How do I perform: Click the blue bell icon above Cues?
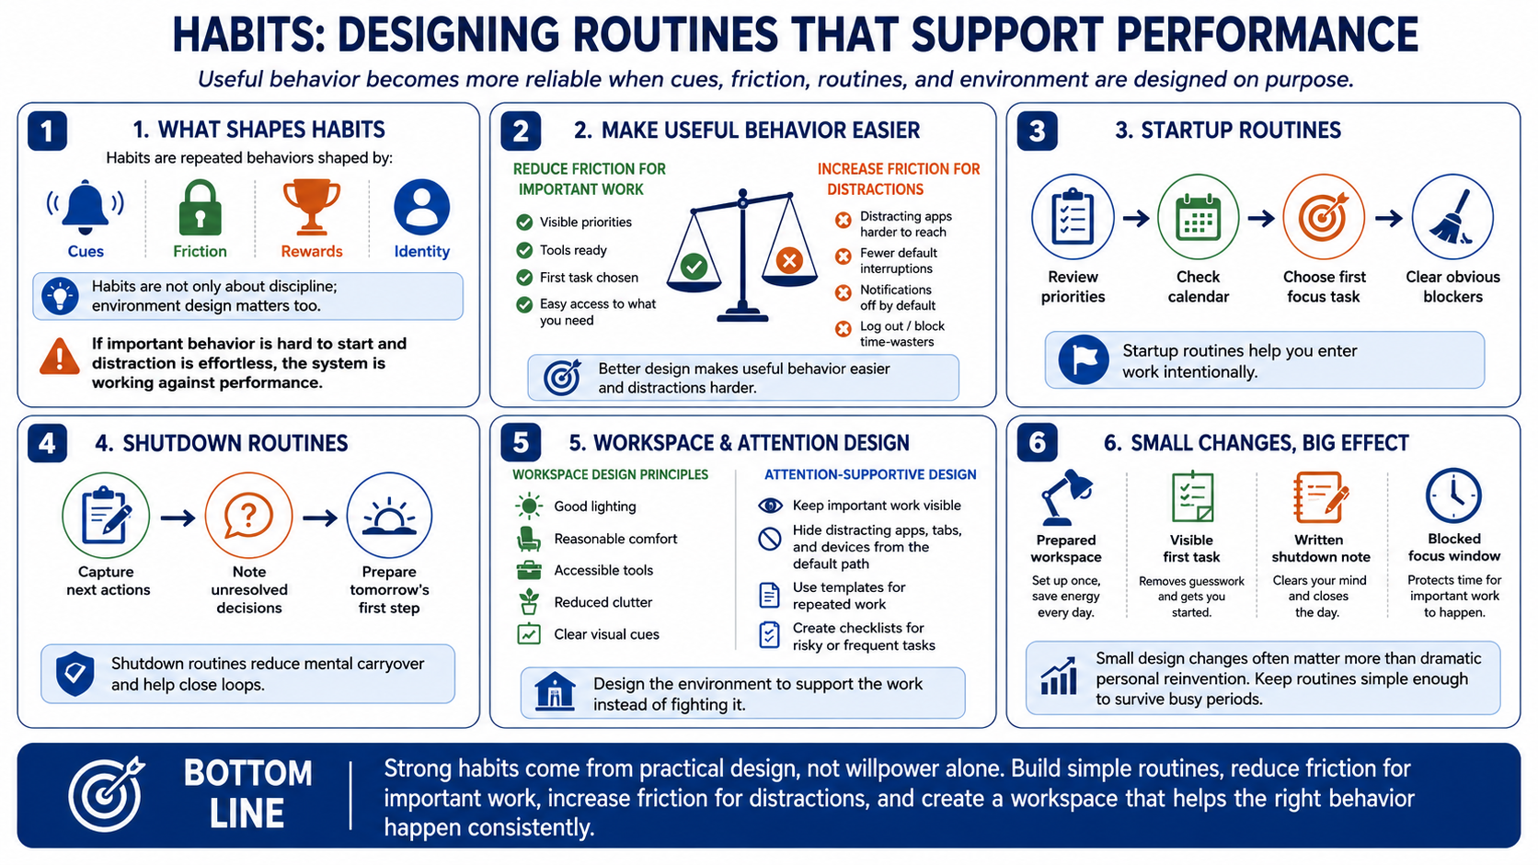coord(86,207)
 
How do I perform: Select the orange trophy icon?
coord(311,207)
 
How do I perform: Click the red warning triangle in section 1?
coord(60,357)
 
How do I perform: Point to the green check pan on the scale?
coord(694,266)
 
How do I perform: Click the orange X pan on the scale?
coord(789,261)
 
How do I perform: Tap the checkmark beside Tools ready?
coord(524,250)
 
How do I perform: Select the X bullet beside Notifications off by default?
coord(844,293)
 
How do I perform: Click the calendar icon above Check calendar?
coord(1198,218)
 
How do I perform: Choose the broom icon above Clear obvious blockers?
coord(1452,218)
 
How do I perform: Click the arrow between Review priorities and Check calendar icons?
coord(1136,219)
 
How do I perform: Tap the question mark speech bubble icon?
coord(248,515)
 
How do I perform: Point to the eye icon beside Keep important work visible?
coord(770,506)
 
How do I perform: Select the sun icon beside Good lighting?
coord(529,506)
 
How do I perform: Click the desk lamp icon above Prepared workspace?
coord(1065,496)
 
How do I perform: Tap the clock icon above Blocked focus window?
coord(1452,495)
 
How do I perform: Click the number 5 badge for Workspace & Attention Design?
coord(521,443)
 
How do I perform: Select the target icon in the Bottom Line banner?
coord(107,793)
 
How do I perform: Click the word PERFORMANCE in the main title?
coord(1267,36)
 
